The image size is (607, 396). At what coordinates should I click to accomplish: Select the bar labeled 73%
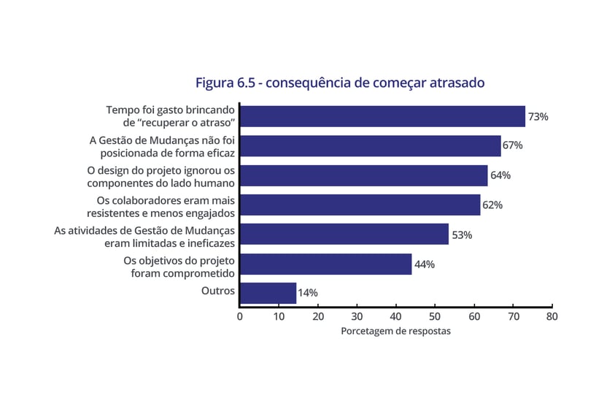coord(382,117)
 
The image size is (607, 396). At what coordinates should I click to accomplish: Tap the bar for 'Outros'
coord(268,293)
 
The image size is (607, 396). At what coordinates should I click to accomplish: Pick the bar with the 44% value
coord(325,264)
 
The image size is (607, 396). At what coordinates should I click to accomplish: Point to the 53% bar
coord(344,235)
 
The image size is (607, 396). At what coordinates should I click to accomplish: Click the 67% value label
coord(512,145)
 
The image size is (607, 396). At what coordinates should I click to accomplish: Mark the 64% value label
coord(500,175)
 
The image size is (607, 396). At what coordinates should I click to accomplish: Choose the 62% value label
coord(492,205)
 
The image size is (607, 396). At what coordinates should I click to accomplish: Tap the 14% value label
coord(307,293)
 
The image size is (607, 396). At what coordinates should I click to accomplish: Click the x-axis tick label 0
coord(239,316)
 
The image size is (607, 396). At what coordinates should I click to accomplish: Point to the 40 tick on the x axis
coord(395,316)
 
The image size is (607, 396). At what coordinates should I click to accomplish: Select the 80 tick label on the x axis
coord(552,316)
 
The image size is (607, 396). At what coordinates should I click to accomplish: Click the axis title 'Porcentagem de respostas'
coord(395,331)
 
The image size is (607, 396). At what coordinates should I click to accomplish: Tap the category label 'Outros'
coord(217,291)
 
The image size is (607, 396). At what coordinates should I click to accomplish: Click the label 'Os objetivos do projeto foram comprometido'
coord(179,267)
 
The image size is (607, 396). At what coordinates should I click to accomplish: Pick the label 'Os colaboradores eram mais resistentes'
coord(166,207)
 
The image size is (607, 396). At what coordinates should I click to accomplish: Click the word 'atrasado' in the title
coord(455,83)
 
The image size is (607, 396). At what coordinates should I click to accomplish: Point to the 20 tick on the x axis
coord(317,316)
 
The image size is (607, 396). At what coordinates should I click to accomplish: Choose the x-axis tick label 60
coord(473,316)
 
